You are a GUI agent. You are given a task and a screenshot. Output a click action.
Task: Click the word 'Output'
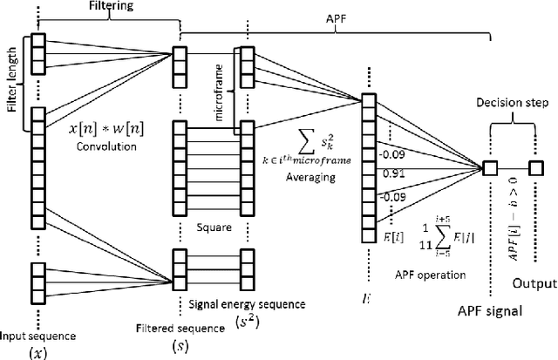point(533,284)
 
